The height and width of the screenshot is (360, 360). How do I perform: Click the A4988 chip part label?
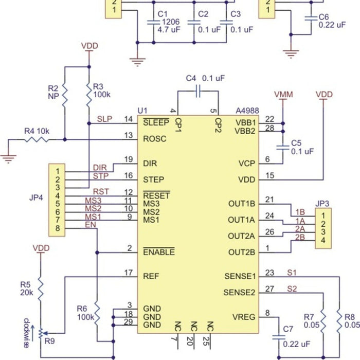(247, 111)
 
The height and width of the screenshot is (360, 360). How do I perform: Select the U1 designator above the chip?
(142, 111)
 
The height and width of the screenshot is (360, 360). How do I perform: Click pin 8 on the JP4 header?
(59, 228)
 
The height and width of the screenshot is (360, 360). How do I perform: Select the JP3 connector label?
(322, 203)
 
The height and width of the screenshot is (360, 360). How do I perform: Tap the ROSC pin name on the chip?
(154, 138)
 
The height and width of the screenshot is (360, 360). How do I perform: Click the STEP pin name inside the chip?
(154, 179)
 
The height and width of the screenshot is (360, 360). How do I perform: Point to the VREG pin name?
(244, 316)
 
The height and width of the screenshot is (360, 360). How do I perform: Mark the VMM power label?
(283, 95)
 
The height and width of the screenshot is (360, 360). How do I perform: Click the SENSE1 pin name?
(240, 277)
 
